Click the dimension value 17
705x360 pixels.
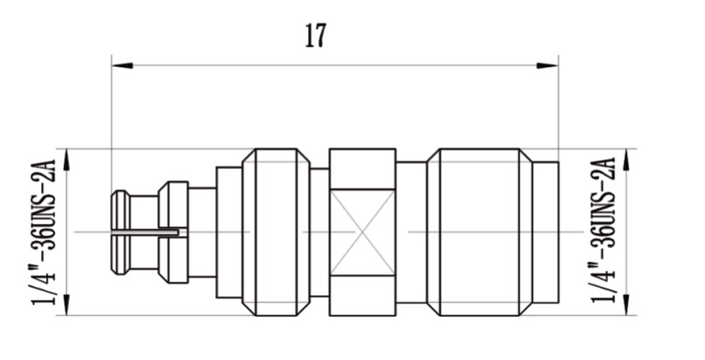[315, 35]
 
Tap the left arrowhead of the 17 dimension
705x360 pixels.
[122, 66]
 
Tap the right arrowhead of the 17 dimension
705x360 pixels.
[548, 66]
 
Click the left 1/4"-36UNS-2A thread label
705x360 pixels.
[44, 232]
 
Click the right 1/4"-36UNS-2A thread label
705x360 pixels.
[603, 230]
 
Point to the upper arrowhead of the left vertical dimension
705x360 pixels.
[66, 159]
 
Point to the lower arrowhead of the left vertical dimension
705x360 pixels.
[66, 304]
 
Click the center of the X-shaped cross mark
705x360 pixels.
[362, 232]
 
